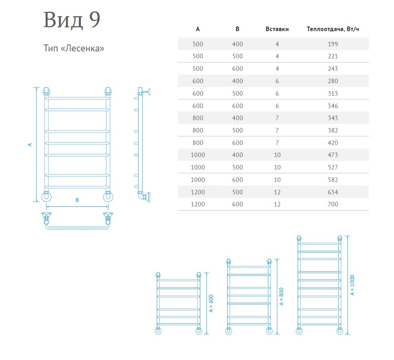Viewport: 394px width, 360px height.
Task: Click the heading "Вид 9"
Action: [x=72, y=20]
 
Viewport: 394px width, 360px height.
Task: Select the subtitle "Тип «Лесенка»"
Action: [x=74, y=49]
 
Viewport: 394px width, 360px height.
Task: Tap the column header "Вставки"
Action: [x=277, y=29]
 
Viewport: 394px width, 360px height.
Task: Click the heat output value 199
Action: [x=333, y=44]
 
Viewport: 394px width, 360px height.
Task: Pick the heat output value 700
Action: [x=333, y=204]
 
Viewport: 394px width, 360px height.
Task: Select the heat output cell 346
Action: [x=333, y=106]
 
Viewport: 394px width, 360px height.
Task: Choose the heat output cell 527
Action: [x=333, y=167]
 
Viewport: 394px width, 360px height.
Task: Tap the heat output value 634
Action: [x=333, y=192]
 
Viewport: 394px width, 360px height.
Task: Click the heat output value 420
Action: [x=333, y=143]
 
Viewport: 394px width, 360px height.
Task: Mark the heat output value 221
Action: [x=333, y=56]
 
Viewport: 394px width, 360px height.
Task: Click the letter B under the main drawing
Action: [x=77, y=200]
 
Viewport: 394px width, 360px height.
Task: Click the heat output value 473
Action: [x=333, y=155]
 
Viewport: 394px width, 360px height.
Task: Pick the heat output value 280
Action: [x=333, y=81]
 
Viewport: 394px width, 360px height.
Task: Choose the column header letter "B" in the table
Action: [x=237, y=29]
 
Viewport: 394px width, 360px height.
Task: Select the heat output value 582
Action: [x=333, y=180]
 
